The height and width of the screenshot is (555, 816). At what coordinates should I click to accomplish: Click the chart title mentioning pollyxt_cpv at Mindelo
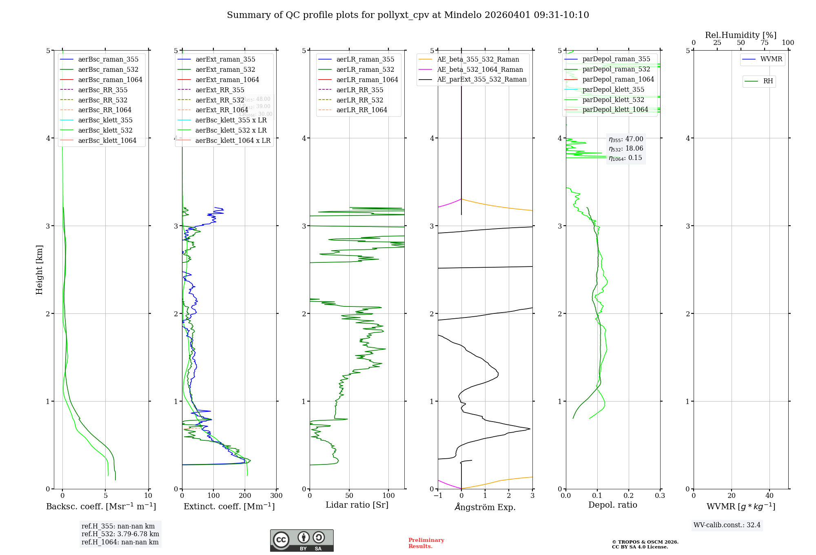tap(408, 15)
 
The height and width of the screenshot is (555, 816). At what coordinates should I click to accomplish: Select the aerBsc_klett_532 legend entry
tap(105, 131)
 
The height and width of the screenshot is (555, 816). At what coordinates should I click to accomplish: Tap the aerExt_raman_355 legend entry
tap(225, 60)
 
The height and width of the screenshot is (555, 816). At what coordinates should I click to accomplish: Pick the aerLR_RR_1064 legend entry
tap(361, 110)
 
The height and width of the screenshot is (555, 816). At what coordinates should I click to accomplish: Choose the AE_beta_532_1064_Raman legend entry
tap(480, 70)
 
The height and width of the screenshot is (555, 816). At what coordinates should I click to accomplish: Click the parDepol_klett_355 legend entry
tap(613, 90)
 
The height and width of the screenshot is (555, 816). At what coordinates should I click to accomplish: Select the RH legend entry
tap(768, 81)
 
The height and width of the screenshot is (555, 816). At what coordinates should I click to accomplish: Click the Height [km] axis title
tap(39, 270)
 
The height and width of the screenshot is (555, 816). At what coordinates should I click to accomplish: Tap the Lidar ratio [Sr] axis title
tap(357, 505)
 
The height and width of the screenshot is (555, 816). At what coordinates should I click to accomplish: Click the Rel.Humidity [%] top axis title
tap(741, 35)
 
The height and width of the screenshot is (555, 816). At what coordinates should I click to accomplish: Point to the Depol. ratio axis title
tap(612, 505)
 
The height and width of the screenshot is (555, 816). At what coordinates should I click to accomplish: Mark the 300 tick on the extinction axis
tap(276, 496)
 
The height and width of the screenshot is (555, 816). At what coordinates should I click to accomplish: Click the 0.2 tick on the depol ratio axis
tap(629, 496)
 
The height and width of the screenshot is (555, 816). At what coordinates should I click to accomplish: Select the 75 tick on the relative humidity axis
tap(765, 43)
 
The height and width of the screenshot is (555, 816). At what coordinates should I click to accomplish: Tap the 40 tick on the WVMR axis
tap(769, 496)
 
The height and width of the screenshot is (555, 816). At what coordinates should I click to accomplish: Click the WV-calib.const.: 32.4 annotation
tap(727, 525)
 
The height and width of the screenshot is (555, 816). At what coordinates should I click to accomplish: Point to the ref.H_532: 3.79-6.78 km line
tap(120, 534)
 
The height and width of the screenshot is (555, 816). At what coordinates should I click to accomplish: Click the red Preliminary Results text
tap(426, 543)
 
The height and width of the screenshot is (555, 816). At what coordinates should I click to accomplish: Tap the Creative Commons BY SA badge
tap(302, 541)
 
